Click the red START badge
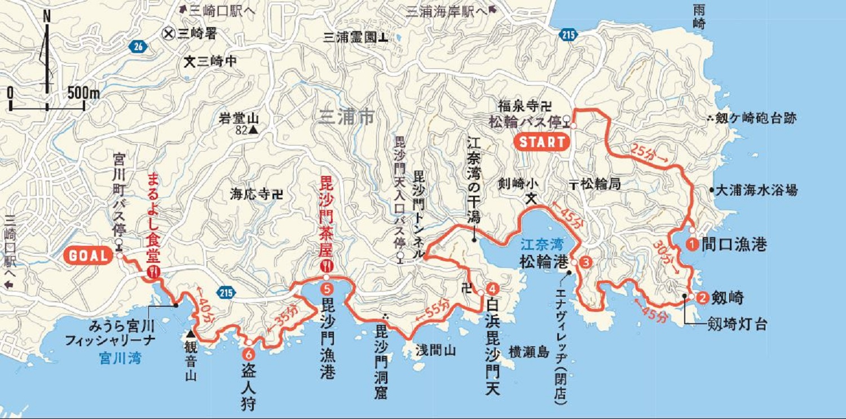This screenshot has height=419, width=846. (541, 142)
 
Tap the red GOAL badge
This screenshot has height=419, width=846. (89, 255)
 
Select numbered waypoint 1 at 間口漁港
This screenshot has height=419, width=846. (692, 244)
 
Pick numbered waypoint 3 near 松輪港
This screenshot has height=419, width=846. (586, 262)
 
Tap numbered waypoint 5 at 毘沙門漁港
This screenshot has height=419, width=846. (327, 288)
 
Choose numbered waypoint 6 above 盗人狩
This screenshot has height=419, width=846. (249, 355)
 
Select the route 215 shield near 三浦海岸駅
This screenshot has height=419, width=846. (568, 35)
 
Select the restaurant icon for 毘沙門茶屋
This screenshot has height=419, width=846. (326, 266)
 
